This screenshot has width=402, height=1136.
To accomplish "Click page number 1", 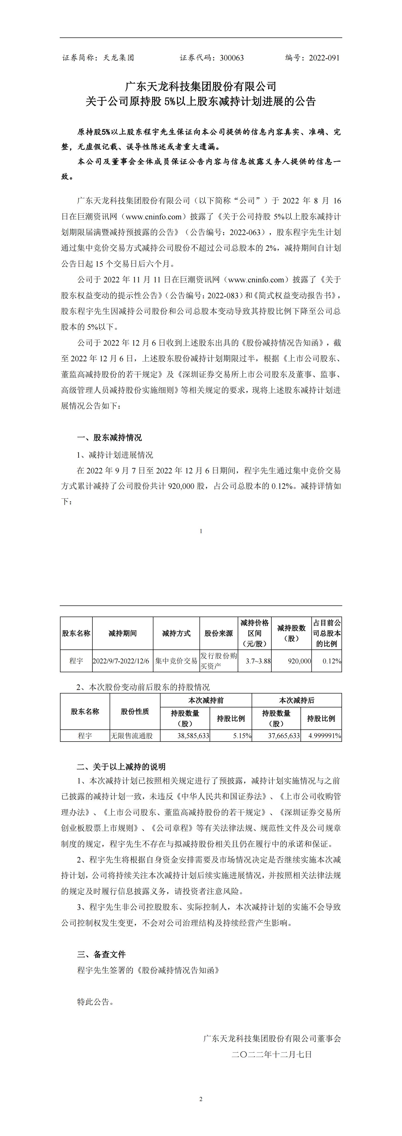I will (x=201, y=531).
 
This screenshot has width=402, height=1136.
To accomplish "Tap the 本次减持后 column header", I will (x=296, y=700).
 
